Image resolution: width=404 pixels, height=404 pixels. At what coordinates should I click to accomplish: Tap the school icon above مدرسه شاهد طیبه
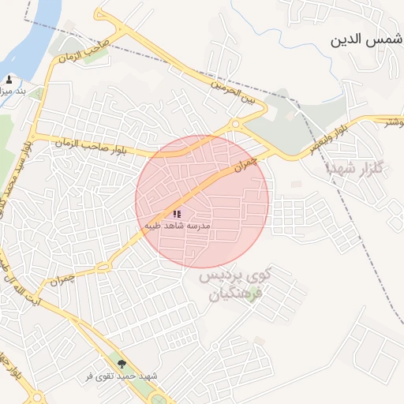point(177,214)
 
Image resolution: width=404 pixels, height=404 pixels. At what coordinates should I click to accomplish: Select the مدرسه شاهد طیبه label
point(178,225)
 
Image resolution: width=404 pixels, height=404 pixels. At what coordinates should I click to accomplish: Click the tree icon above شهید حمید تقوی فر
point(122,364)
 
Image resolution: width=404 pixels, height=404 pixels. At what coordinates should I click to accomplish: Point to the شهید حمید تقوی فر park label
point(122,376)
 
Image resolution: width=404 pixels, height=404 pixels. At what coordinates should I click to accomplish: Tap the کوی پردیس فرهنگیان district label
point(245,286)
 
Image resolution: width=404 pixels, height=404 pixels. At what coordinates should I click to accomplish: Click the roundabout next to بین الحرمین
point(234,124)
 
